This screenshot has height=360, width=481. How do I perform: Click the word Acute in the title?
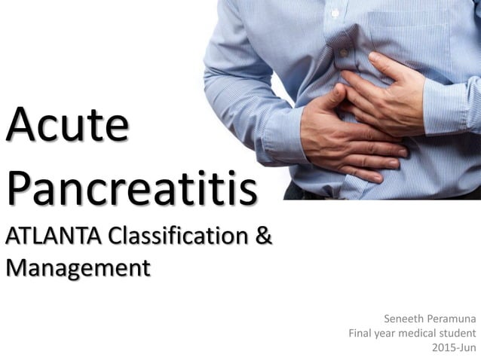click(x=66, y=127)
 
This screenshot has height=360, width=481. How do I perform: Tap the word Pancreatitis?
click(x=131, y=188)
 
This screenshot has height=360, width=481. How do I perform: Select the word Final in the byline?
click(x=362, y=333)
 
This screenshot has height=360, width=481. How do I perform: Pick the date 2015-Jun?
click(x=454, y=348)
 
